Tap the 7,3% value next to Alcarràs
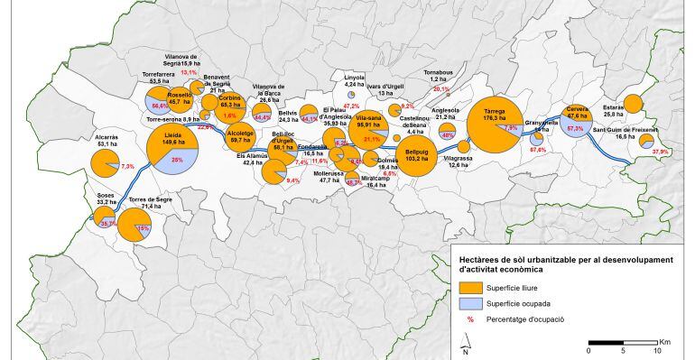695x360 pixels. tap(127, 167)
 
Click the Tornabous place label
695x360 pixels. tap(440, 72)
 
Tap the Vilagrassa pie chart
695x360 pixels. tap(463, 146)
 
